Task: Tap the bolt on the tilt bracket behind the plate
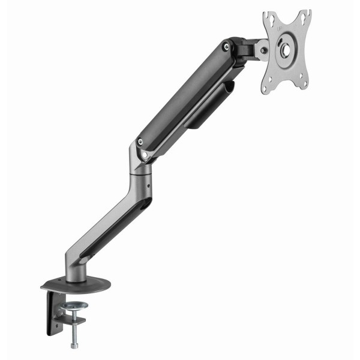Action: [264, 50]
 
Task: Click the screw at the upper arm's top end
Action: [226, 45]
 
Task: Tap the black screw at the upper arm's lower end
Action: [140, 142]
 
